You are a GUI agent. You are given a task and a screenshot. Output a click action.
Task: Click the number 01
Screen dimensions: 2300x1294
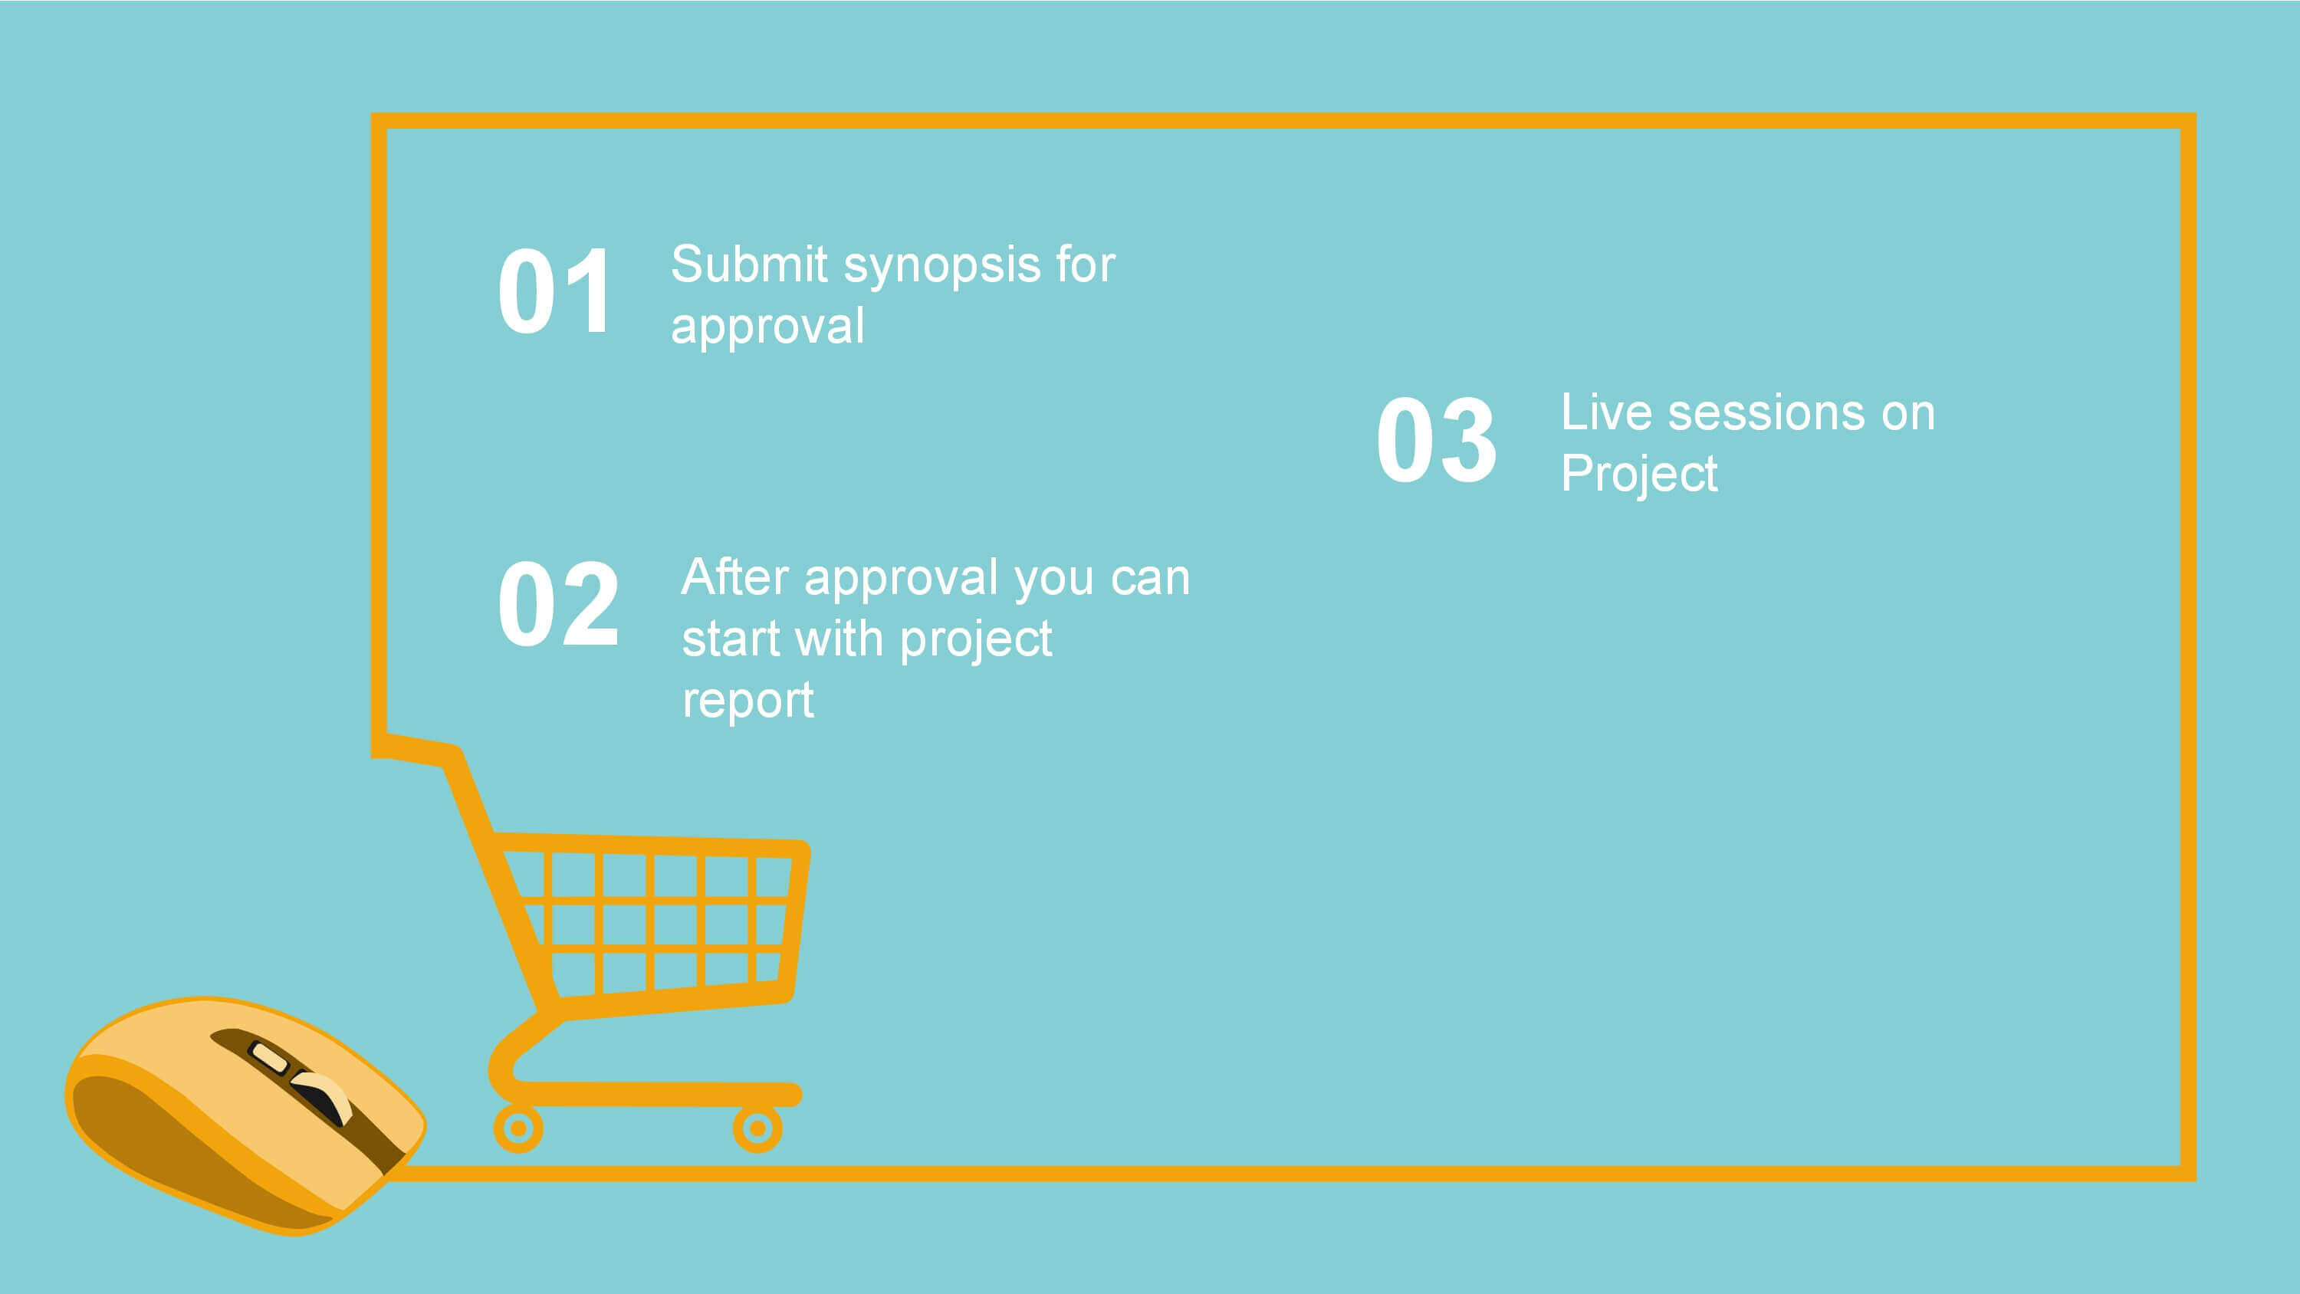pyautogui.click(x=554, y=291)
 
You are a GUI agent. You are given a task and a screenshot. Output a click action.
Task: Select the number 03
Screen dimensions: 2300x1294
pyautogui.click(x=1436, y=439)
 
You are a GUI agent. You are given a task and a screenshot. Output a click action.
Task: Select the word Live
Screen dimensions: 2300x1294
pyautogui.click(x=1605, y=412)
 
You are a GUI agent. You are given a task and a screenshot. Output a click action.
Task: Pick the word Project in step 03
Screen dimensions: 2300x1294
pyautogui.click(x=1638, y=475)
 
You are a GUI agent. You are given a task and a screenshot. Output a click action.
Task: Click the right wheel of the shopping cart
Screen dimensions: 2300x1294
pyautogui.click(x=757, y=1128)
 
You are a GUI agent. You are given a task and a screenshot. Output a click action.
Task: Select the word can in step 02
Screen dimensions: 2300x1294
pyautogui.click(x=1150, y=579)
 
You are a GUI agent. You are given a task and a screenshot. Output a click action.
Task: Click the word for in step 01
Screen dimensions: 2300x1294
pyautogui.click(x=1085, y=264)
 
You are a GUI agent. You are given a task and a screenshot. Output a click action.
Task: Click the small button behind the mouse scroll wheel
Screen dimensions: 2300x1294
pyautogui.click(x=268, y=1056)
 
